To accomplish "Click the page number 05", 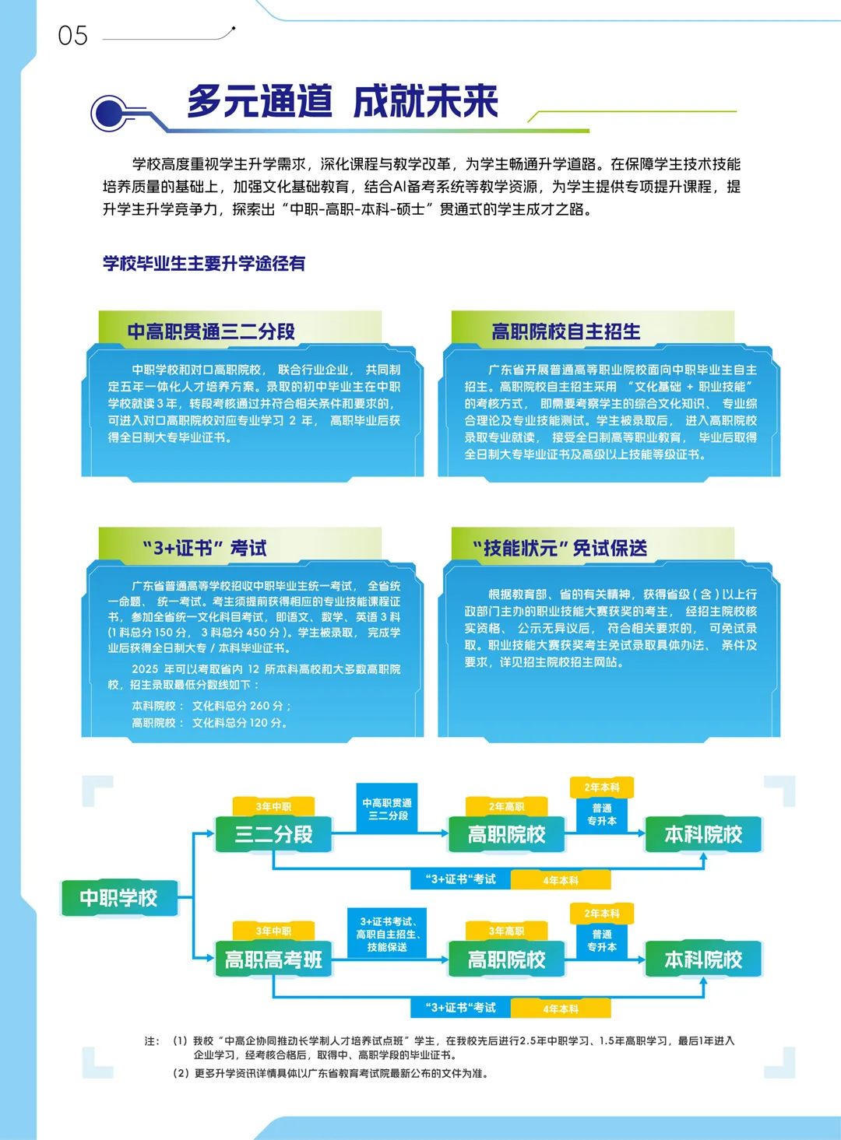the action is pos(72,36).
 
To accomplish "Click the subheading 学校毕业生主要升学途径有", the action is pos(204,264).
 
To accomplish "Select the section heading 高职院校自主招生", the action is pos(566,331).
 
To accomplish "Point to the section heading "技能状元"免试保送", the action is pos(560,549).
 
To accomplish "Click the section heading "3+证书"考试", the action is pos(205,549).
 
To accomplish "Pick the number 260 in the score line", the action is pos(259,706).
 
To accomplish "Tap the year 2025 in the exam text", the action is pos(145,669).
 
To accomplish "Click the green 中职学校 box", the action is pos(118,898).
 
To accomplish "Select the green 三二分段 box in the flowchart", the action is pos(273,835).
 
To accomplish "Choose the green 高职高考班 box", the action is pos(273,960).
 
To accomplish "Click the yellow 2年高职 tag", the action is pos(506,807).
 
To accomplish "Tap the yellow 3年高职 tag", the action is pos(506,931).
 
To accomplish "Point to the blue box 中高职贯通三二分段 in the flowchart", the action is pos(387,809).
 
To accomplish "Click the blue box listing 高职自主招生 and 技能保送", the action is pos(387,934).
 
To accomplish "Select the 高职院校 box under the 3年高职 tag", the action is pos(506,960).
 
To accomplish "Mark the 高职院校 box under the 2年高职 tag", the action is pos(506,835).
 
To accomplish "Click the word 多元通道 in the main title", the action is pos(259,102).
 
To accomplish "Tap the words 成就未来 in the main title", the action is pos(425,102).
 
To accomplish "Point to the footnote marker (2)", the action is pos(181,1074).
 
